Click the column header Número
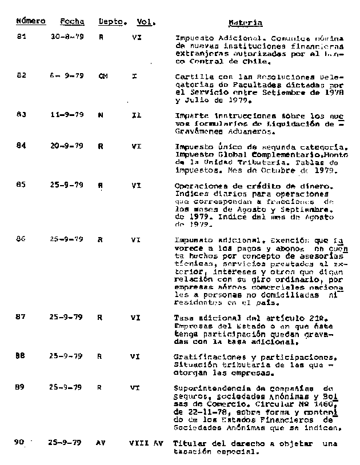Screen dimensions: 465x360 coord(31,21)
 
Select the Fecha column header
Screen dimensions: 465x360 coord(72,21)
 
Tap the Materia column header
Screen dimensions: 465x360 coord(245,23)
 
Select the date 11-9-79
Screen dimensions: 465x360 coord(67,114)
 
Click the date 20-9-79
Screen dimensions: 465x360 coord(67,146)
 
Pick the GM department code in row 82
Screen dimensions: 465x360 coord(103,76)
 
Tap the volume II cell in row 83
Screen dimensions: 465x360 coord(136,114)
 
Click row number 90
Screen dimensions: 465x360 coord(21,443)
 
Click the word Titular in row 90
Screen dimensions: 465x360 coord(189,443)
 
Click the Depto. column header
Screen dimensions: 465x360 coord(112,21)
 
